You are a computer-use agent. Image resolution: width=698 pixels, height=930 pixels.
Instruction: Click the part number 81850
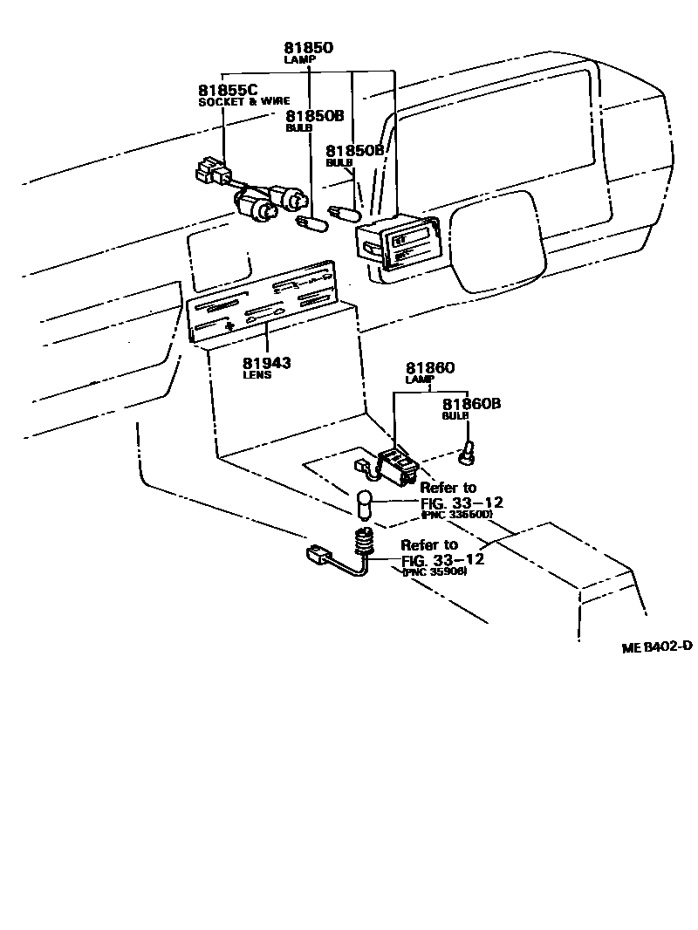point(309,48)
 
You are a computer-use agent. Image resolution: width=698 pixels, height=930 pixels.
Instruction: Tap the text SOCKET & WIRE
point(243,101)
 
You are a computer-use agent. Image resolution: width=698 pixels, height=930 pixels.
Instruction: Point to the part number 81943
point(267,362)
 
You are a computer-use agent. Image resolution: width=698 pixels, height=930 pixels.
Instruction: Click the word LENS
point(259,375)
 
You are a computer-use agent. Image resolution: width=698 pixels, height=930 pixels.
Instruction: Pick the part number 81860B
point(471,404)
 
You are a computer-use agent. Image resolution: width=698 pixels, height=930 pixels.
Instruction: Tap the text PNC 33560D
point(456,515)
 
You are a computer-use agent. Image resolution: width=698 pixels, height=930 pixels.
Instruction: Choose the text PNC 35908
point(435,571)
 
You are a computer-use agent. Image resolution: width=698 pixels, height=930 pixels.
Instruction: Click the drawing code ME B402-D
point(657,647)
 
